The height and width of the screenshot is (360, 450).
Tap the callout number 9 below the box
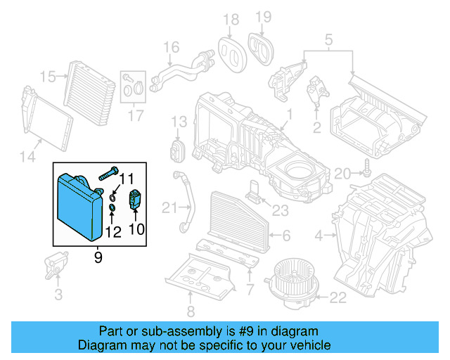(98, 258)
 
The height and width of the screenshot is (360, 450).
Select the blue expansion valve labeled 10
(134, 200)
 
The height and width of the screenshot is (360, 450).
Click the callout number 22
(338, 298)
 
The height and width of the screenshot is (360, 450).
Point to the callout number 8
(191, 312)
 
